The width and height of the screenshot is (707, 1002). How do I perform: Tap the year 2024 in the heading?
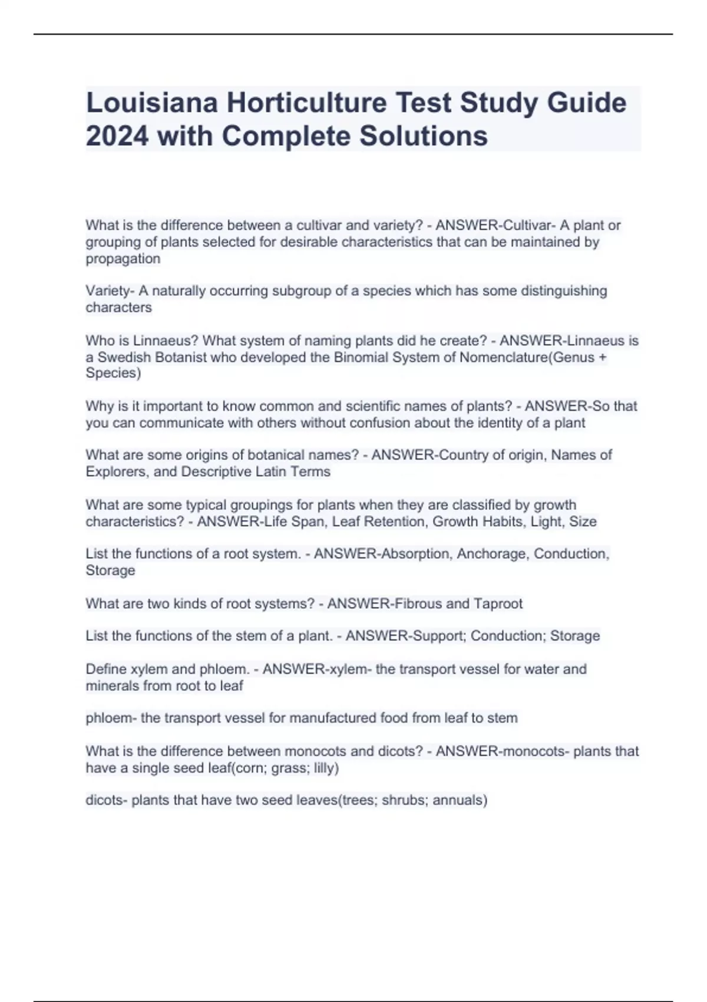coord(117,136)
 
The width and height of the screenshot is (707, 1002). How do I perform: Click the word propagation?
coord(123,259)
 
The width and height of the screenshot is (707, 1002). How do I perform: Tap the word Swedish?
coord(123,357)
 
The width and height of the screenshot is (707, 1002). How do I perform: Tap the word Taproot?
coord(498,604)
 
